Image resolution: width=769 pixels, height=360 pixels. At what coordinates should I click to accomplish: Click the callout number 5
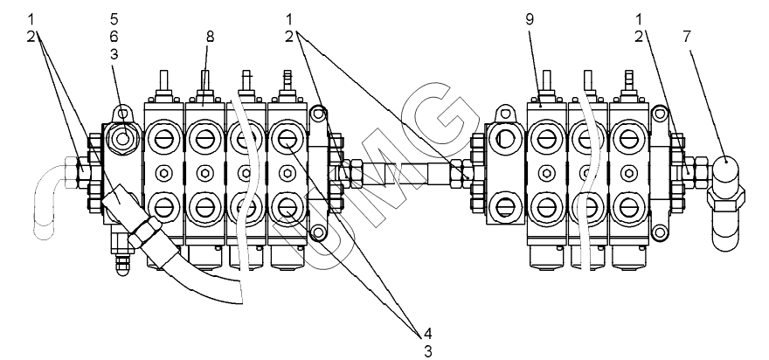tap(114, 19)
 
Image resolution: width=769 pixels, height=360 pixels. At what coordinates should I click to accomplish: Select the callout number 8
tap(210, 37)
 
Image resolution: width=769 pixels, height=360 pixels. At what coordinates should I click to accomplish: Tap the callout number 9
tap(530, 19)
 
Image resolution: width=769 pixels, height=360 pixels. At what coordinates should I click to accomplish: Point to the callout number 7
tap(686, 37)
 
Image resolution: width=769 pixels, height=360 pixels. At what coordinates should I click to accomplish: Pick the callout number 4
tap(427, 334)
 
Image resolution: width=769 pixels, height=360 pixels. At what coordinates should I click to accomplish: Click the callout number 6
tap(114, 37)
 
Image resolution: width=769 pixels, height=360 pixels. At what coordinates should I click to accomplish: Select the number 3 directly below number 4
tap(427, 351)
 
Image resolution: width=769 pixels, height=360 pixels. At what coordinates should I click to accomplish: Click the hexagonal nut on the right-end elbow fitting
tap(726, 198)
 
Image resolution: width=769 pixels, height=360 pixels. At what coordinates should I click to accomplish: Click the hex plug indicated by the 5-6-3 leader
tap(123, 139)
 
